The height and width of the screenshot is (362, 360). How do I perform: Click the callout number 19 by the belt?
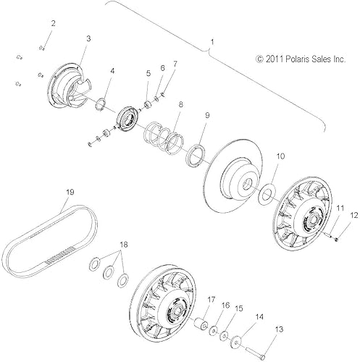70,192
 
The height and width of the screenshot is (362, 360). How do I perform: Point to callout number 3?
88,39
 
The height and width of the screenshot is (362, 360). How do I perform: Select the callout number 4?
112,71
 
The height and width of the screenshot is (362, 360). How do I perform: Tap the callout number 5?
148,73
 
